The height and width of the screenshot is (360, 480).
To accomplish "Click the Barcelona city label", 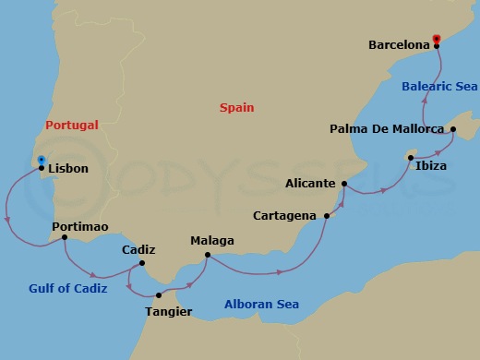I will [x=399, y=43].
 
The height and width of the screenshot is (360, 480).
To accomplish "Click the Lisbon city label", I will [x=68, y=170].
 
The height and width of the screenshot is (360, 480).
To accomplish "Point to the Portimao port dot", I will [x=64, y=237].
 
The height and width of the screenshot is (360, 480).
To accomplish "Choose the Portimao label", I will [x=81, y=227].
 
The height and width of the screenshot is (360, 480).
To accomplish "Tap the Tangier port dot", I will [x=159, y=295].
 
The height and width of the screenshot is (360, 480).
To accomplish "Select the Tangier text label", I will [x=168, y=311].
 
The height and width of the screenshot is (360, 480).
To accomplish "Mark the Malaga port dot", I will [x=208, y=255].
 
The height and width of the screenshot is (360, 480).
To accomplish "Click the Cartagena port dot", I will [x=327, y=216].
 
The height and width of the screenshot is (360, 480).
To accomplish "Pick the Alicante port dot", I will [x=343, y=184].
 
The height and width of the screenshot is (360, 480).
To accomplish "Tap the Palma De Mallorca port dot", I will [x=453, y=129].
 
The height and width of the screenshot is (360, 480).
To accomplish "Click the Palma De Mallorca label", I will [x=388, y=129].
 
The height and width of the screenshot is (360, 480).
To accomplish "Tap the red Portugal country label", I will [x=72, y=126].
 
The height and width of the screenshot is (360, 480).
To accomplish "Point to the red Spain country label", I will [x=236, y=108].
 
